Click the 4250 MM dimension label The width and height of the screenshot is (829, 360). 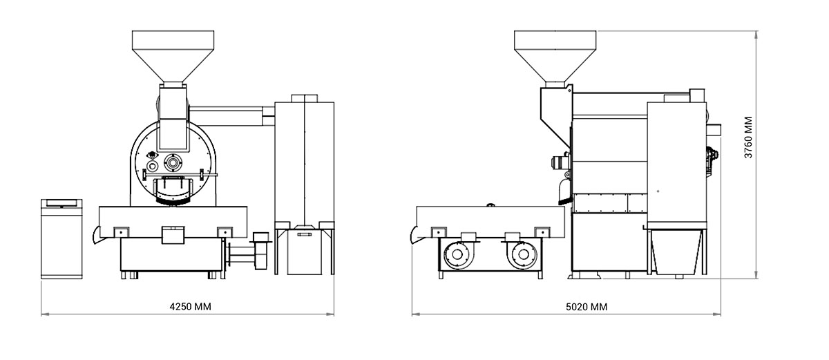click(x=190, y=307)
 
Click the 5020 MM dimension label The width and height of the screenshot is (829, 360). click(x=587, y=307)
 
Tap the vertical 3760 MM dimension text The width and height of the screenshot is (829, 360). click(x=748, y=138)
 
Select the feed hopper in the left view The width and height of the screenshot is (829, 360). click(x=173, y=56)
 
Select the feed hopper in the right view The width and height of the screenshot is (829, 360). click(x=555, y=56)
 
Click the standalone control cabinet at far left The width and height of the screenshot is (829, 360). click(x=61, y=238)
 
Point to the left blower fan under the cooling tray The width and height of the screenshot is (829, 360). click(x=457, y=254)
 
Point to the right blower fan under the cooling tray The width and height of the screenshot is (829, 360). click(x=523, y=254)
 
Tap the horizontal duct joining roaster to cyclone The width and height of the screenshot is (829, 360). click(x=231, y=116)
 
